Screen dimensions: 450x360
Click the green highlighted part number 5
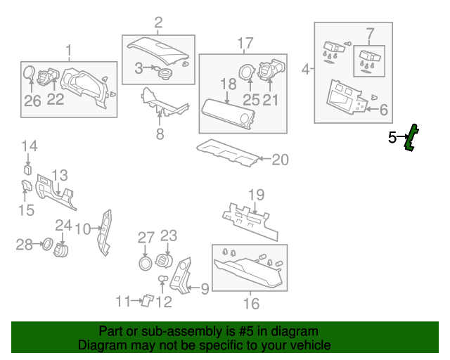tap(411, 138)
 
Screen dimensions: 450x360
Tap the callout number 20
tap(280, 160)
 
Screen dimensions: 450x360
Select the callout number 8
tap(160, 134)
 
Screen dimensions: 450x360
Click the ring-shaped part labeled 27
tap(146, 264)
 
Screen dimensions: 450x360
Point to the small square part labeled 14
tap(28, 169)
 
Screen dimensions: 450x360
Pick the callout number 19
tap(256, 195)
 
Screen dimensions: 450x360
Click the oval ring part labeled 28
tap(48, 244)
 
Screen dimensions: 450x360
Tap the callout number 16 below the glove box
tap(251, 304)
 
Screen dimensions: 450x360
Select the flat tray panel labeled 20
tap(228, 152)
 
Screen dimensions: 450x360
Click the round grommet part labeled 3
tap(165, 74)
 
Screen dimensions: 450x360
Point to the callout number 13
tap(60, 176)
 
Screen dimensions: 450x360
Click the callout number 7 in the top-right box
tap(371, 34)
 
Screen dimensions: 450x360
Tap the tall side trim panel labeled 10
tap(105, 233)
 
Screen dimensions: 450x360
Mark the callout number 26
tap(32, 101)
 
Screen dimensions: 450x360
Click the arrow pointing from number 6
tap(373, 109)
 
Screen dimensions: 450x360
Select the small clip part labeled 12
tap(162, 278)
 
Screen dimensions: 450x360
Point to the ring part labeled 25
tap(246, 72)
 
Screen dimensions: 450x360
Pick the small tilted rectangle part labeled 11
tap(148, 300)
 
